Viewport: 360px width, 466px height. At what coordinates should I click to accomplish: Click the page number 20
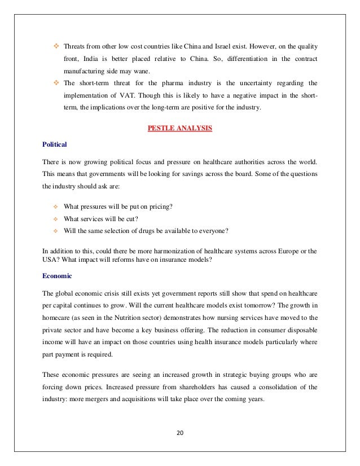click(x=179, y=433)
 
